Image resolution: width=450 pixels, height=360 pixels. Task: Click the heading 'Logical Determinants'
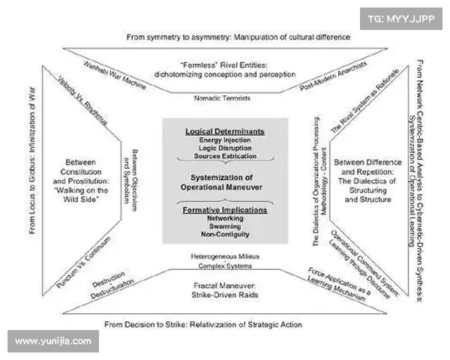(x=225, y=131)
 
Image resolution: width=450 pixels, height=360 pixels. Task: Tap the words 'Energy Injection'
(x=225, y=140)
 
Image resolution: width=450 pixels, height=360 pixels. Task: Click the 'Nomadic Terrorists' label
(x=224, y=97)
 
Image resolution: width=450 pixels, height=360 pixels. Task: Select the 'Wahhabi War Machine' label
(x=115, y=73)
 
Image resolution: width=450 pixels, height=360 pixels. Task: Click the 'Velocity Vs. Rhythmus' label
(x=83, y=107)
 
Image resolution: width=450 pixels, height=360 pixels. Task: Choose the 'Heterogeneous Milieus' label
(x=224, y=256)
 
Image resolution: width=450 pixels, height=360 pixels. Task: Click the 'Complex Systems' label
(x=224, y=266)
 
